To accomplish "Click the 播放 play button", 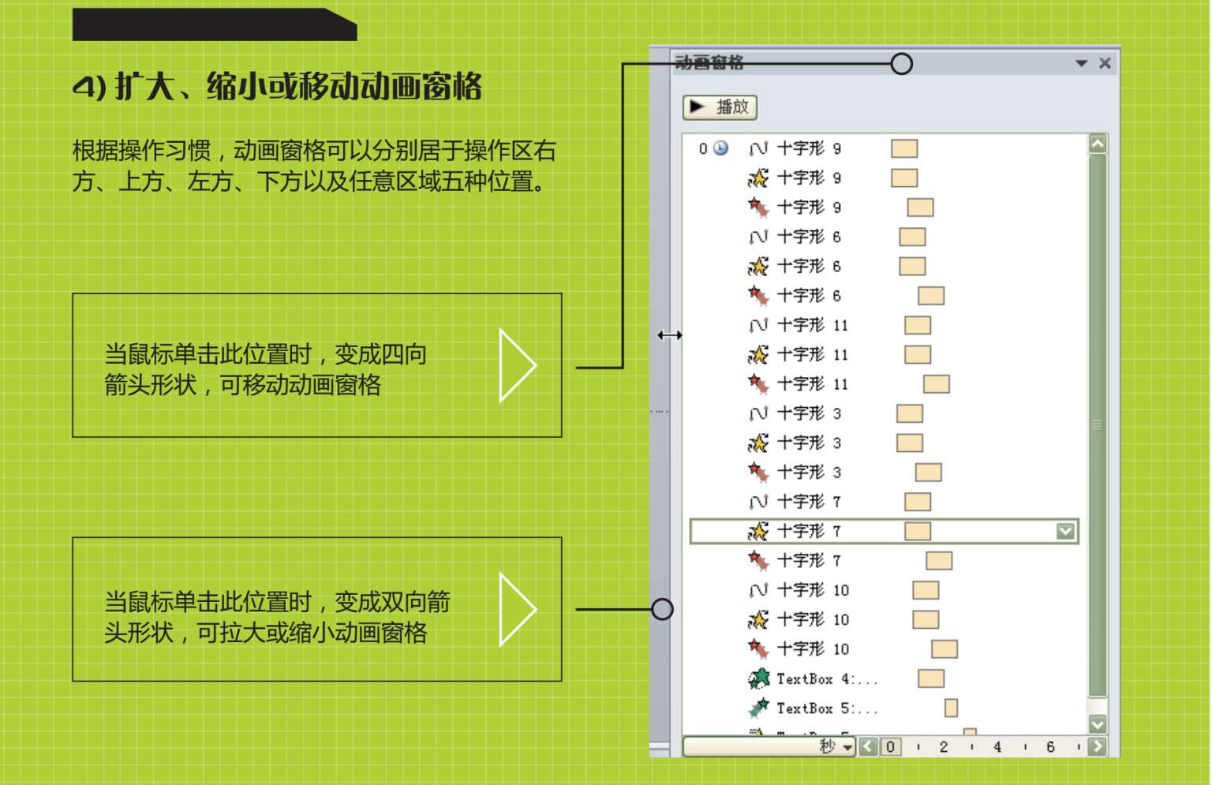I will pos(720,107).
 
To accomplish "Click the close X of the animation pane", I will pos(1105,63).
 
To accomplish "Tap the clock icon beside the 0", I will pos(720,148).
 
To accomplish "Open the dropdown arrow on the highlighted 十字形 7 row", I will pos(1065,531).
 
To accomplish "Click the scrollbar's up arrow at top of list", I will pos(1098,144).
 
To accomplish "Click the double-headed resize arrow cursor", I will pos(670,335).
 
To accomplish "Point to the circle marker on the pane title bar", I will pos(902,64).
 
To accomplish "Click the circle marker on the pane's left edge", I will pos(662,609).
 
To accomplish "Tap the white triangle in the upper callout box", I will pos(517,365).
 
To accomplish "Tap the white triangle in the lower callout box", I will pos(517,609).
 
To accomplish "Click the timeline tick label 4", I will pos(997,746).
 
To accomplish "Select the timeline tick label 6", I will pos(1050,746).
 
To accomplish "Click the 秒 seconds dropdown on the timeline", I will pos(836,746).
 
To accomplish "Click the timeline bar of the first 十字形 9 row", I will pos(904,148).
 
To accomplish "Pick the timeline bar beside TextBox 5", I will pos(951,708).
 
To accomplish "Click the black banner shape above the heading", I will pos(214,24).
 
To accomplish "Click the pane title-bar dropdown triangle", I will pos(1081,63).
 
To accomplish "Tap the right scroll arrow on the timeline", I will pos(1097,746).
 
